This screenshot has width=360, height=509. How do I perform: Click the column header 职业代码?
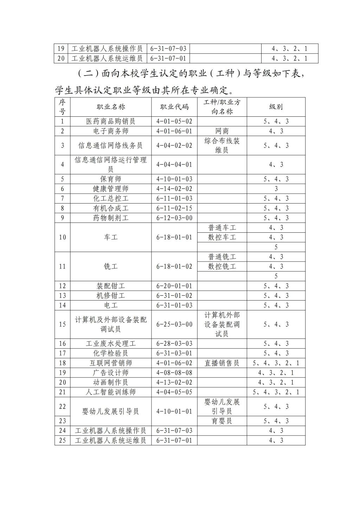click(x=174, y=107)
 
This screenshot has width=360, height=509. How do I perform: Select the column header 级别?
click(x=276, y=107)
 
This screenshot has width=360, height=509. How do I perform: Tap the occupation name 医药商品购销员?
click(x=111, y=121)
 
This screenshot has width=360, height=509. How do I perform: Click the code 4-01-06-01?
click(x=174, y=131)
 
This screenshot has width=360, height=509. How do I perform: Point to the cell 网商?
click(x=222, y=131)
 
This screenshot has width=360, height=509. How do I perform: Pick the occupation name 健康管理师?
click(x=111, y=189)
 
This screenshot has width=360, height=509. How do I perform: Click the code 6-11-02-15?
click(x=174, y=208)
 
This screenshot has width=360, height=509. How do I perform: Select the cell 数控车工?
click(x=222, y=237)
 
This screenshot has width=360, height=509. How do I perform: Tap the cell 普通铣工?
click(x=222, y=257)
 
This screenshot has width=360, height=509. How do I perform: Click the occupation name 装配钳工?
click(x=111, y=286)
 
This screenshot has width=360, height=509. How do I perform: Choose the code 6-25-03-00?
click(x=174, y=324)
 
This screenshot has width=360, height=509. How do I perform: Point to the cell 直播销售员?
click(x=222, y=363)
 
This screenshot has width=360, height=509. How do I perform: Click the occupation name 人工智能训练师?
click(x=111, y=392)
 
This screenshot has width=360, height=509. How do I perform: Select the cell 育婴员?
click(x=222, y=421)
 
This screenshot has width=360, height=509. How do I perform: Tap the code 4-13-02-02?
click(x=174, y=382)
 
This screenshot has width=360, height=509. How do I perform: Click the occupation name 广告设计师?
click(x=111, y=373)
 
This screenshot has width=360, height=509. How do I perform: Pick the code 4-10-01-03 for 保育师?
click(x=174, y=179)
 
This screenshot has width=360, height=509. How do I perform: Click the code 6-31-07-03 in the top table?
click(x=168, y=49)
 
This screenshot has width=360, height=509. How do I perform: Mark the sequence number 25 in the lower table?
click(x=62, y=440)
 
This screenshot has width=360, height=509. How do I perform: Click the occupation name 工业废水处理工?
click(x=111, y=343)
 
